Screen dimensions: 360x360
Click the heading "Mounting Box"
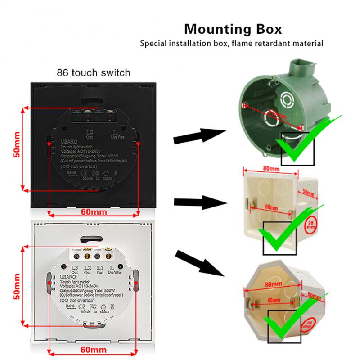point(234,30)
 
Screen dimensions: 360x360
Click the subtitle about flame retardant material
point(232,44)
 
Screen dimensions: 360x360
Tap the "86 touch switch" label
point(93,72)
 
